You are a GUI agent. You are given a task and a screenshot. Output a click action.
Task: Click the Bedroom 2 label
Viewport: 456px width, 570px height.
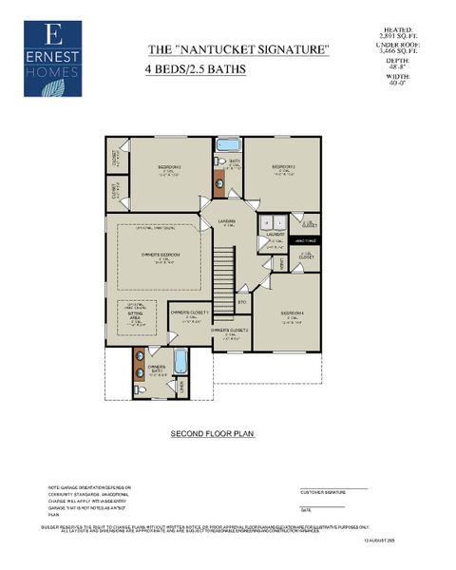tap(170, 172)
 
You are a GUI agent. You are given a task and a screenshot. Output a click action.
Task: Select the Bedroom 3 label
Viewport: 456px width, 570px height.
tap(279, 172)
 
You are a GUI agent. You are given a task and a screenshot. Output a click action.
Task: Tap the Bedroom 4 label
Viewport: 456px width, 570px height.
tap(294, 316)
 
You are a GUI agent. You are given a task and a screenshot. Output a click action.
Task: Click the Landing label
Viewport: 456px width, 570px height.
tap(226, 223)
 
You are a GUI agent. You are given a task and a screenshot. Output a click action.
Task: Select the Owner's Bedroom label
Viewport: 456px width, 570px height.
tap(162, 257)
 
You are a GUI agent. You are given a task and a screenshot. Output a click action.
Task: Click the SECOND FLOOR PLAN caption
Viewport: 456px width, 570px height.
tap(212, 432)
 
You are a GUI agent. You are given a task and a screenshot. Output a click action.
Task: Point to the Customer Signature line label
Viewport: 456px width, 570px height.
tap(323, 493)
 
